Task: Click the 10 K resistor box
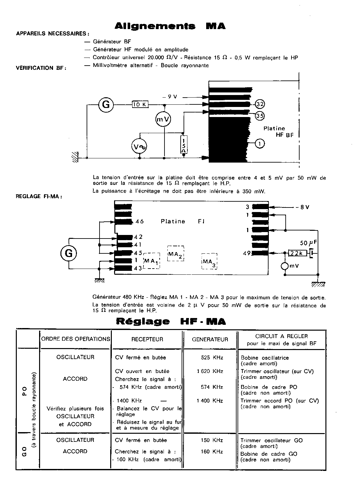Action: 140,104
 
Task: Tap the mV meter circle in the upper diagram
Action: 163,119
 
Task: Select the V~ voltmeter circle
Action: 139,147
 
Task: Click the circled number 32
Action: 260,104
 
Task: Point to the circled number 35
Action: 260,115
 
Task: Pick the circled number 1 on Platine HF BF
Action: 260,143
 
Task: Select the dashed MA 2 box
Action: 176,254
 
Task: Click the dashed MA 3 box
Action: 209,261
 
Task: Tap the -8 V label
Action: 303,207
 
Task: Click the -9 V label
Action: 172,96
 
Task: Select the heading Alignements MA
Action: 170,27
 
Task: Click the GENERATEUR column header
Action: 210,339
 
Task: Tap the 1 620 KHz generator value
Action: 210,371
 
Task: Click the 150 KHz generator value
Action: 212,440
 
